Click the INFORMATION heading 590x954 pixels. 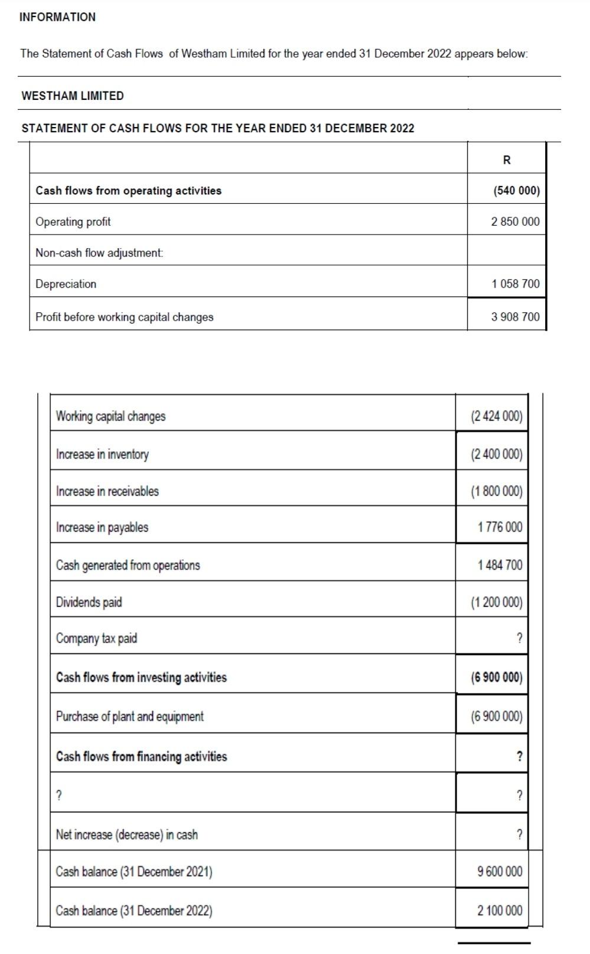pyautogui.click(x=57, y=17)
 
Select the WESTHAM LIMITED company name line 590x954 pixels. pyautogui.click(x=73, y=96)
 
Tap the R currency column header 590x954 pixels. pyautogui.click(x=507, y=159)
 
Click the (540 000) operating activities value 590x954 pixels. pyautogui.click(x=516, y=191)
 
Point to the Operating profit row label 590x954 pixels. pyautogui.click(x=73, y=222)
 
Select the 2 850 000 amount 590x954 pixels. pyautogui.click(x=515, y=222)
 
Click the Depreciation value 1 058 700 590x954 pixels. pyautogui.click(x=515, y=284)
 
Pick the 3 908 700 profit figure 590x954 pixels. pyautogui.click(x=515, y=317)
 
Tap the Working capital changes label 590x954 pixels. pyautogui.click(x=110, y=416)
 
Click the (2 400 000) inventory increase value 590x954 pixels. pyautogui.click(x=496, y=454)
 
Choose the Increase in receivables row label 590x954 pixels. pyautogui.click(x=107, y=491)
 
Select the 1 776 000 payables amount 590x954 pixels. pyautogui.click(x=500, y=527)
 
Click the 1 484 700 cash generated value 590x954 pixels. pyautogui.click(x=500, y=565)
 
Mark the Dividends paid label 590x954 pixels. pyautogui.click(x=89, y=602)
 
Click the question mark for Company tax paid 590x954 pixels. pyautogui.click(x=519, y=638)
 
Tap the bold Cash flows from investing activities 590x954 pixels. pyautogui.click(x=141, y=677)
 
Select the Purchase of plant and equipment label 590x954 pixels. pyautogui.click(x=129, y=716)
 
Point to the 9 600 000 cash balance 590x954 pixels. pyautogui.click(x=500, y=871)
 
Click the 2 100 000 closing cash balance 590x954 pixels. pyautogui.click(x=500, y=910)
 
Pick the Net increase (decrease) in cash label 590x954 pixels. pyautogui.click(x=126, y=834)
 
